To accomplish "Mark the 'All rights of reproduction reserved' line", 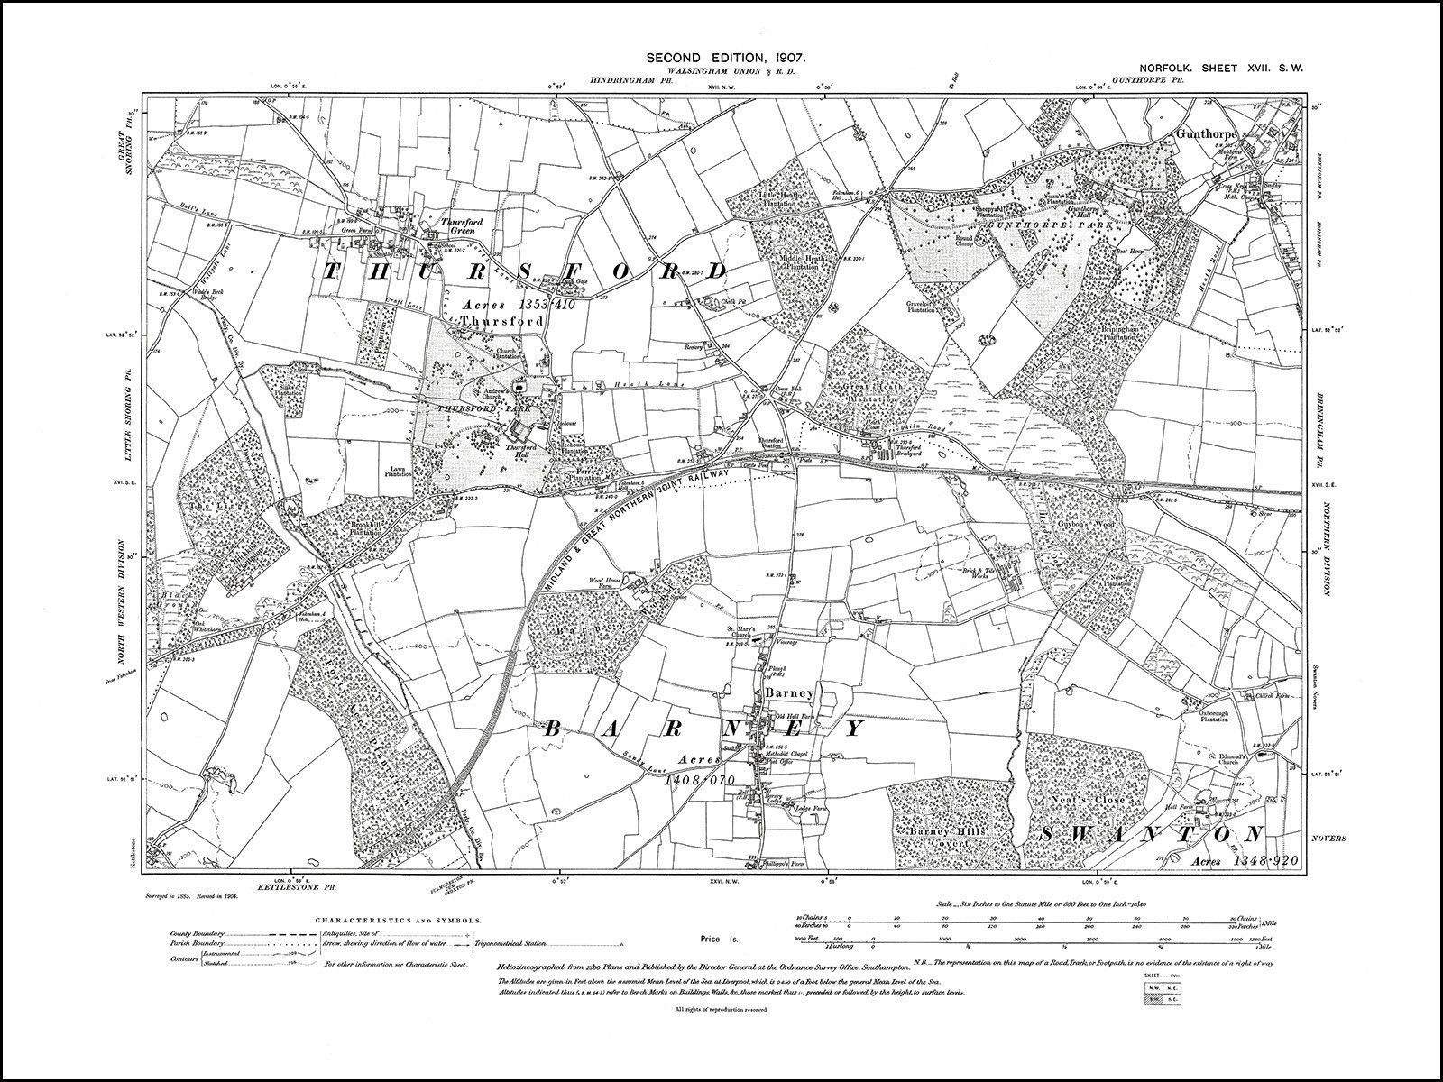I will pos(721,1008).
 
